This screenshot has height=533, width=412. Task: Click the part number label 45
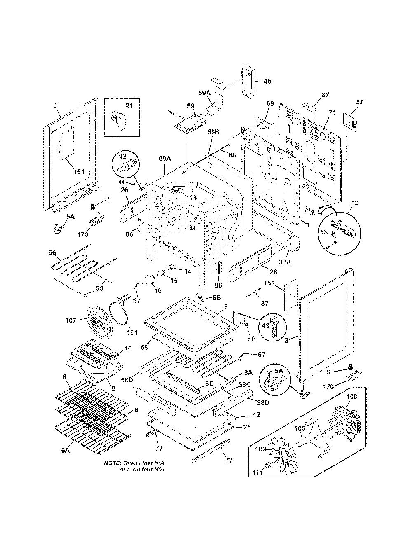tap(267, 81)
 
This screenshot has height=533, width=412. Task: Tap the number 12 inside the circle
tap(123, 156)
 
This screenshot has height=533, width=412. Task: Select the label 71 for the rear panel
tap(332, 112)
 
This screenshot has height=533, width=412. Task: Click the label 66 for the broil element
tap(52, 252)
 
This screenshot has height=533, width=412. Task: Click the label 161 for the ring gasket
tap(132, 332)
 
